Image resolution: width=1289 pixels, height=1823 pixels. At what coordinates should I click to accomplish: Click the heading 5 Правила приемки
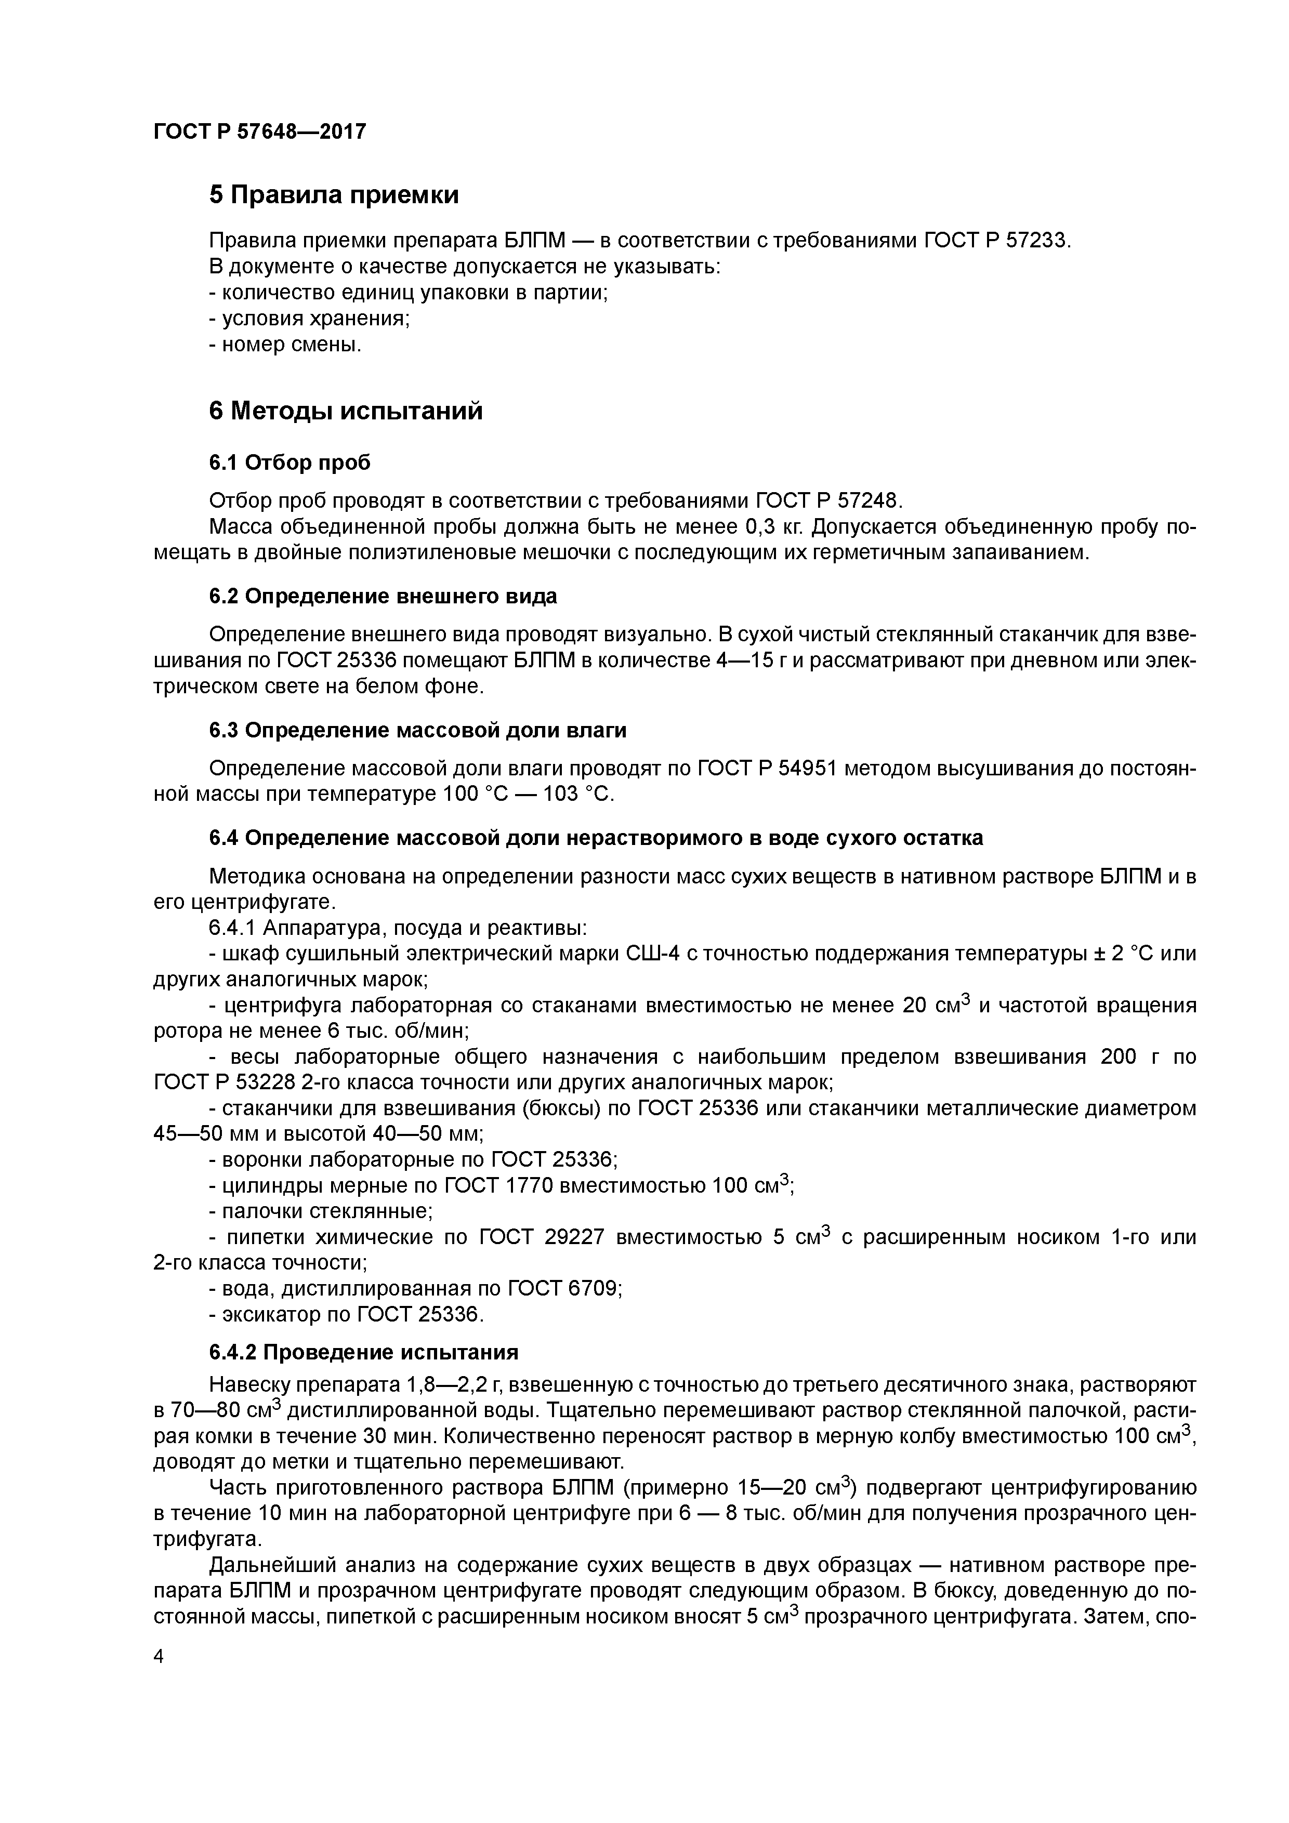pyautogui.click(x=334, y=194)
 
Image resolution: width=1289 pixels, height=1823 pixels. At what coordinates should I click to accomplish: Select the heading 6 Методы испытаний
pyautogui.click(x=346, y=411)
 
